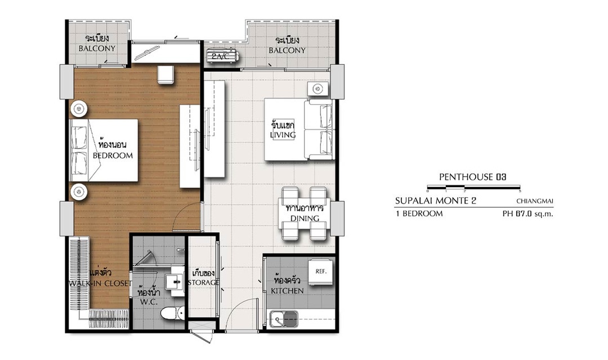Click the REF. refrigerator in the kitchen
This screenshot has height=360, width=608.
321,272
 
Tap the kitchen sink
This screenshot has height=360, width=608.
284,319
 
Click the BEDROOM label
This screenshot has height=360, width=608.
113,155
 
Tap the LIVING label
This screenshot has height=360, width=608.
283,135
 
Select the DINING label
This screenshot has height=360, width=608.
305,218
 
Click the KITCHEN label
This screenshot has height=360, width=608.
287,291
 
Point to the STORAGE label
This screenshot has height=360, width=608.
203,282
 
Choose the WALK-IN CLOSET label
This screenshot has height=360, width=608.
100,283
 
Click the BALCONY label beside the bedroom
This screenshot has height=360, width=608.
97,48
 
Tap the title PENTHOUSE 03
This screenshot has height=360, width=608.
473,177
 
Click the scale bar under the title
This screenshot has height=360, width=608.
473,188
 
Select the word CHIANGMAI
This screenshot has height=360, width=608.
535,201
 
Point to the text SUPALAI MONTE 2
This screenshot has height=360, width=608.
436,201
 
